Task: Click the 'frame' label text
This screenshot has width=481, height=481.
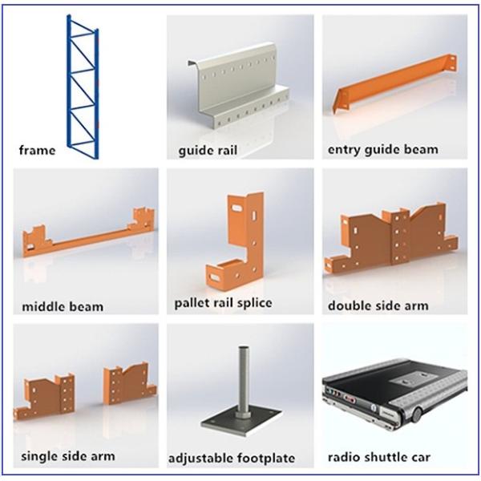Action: (37, 151)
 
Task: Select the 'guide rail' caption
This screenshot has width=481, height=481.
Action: (208, 151)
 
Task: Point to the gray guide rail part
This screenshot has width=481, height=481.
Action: (239, 89)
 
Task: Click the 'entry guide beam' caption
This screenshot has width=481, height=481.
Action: (383, 150)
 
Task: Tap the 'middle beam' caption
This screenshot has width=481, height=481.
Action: (63, 307)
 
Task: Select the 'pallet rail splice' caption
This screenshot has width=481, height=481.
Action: (223, 303)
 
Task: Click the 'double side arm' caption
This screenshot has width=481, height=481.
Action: (378, 305)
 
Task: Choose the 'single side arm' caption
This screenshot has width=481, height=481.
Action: (68, 456)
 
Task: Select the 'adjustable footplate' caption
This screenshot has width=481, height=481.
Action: (232, 459)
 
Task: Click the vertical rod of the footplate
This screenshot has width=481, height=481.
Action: (243, 380)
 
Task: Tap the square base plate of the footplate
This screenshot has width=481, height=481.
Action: (241, 422)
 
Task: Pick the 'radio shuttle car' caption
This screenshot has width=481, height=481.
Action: (379, 457)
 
